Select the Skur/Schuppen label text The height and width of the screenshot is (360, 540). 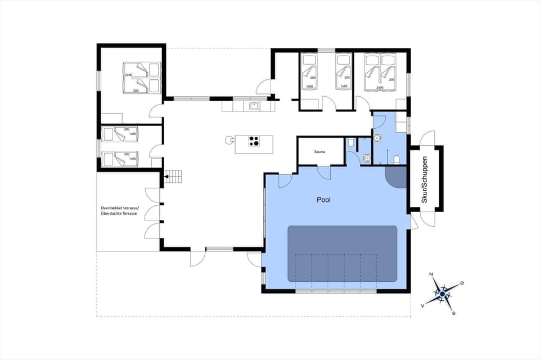(x=425, y=179)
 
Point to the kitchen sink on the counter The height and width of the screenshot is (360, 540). (x=254, y=105)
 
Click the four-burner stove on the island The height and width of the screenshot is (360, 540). (x=254, y=142)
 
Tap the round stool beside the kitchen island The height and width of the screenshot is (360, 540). (x=228, y=139)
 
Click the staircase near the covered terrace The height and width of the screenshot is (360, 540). (x=174, y=177)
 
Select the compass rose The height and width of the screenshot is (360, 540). (x=443, y=293)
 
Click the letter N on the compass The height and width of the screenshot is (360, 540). (x=431, y=274)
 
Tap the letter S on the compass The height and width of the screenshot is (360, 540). (x=453, y=313)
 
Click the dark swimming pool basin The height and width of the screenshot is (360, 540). (x=343, y=254)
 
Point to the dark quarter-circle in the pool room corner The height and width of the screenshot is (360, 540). (x=397, y=177)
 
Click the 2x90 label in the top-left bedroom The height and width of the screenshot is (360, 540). (x=128, y=75)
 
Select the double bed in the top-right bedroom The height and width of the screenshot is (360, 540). (x=380, y=71)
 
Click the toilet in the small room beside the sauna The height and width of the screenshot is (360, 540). (x=350, y=143)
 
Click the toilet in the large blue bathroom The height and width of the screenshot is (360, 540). (x=397, y=159)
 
